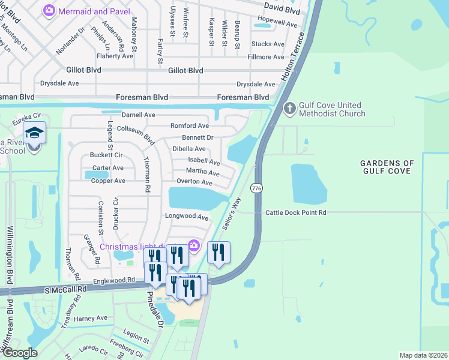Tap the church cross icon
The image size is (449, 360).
(289, 109)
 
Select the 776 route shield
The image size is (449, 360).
(256, 188)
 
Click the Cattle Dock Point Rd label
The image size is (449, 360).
(296, 212)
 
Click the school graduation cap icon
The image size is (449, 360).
(34, 133)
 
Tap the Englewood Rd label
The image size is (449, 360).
(113, 280)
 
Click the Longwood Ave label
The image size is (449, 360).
(187, 217)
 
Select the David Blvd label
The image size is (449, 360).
(282, 11)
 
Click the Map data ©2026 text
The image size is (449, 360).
(423, 355)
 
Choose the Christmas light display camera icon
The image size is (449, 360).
(193, 245)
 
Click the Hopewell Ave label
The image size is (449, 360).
(277, 25)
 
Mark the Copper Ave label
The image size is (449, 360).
(108, 181)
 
